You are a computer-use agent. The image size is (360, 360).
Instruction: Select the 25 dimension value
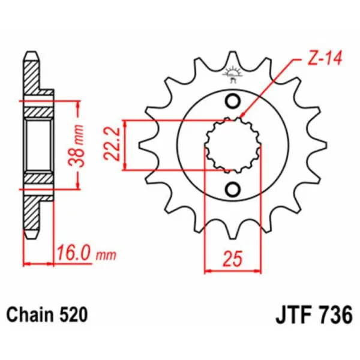click(234, 259)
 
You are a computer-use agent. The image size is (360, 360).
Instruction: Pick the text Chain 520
click(47, 314)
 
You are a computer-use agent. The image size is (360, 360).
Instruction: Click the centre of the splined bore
click(233, 145)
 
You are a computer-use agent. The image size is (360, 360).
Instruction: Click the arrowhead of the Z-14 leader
click(241, 116)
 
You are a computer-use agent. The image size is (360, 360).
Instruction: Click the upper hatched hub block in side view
click(40, 109)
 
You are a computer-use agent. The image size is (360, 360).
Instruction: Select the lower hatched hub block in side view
click(40, 178)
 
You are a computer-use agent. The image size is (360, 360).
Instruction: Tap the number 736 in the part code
click(334, 314)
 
